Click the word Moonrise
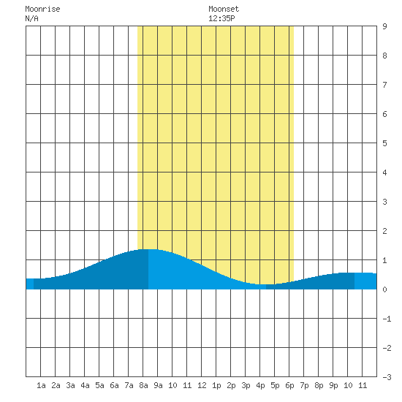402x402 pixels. (x=42, y=10)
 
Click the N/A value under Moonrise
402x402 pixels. (x=31, y=18)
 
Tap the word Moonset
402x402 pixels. (x=224, y=10)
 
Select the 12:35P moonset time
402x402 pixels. (x=221, y=18)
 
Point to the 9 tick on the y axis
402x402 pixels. (x=384, y=26)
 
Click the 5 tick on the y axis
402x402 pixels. (x=384, y=143)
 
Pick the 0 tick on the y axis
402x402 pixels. (x=384, y=289)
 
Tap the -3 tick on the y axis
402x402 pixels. (x=387, y=377)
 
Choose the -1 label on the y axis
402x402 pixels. (x=387, y=319)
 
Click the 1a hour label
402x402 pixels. (x=41, y=385)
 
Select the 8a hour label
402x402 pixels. (x=143, y=385)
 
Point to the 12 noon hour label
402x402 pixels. (x=202, y=385)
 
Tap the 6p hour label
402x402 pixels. (x=289, y=385)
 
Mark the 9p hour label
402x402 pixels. (x=333, y=385)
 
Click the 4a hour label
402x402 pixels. (x=85, y=385)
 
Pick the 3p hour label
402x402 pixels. (x=246, y=385)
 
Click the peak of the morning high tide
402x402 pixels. (x=148, y=249)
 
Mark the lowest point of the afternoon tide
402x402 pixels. (x=266, y=284)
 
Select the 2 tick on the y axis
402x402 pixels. (x=384, y=231)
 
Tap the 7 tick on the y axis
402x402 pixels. (x=384, y=85)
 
